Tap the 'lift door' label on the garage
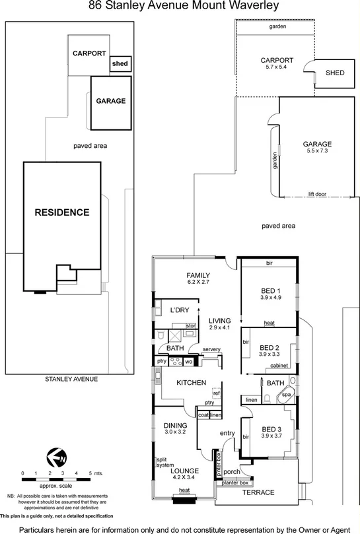pyautogui.click(x=319, y=195)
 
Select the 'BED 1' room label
pyautogui.click(x=270, y=290)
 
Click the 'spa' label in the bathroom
pyautogui.click(x=286, y=394)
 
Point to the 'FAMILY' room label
pyautogui.click(x=198, y=275)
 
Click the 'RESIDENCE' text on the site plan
pyautogui.click(x=62, y=213)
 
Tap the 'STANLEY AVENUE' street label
pyautogui.click(x=71, y=379)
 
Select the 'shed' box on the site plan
pyautogui.click(x=120, y=64)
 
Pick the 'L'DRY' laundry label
pyautogui.click(x=180, y=310)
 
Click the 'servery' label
pyautogui.click(x=211, y=349)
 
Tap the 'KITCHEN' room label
pyautogui.click(x=192, y=383)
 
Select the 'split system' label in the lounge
pyautogui.click(x=165, y=461)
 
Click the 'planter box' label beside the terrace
pyautogui.click(x=235, y=483)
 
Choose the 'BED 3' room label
pyautogui.click(x=270, y=428)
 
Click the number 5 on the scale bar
pyautogui.click(x=89, y=473)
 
